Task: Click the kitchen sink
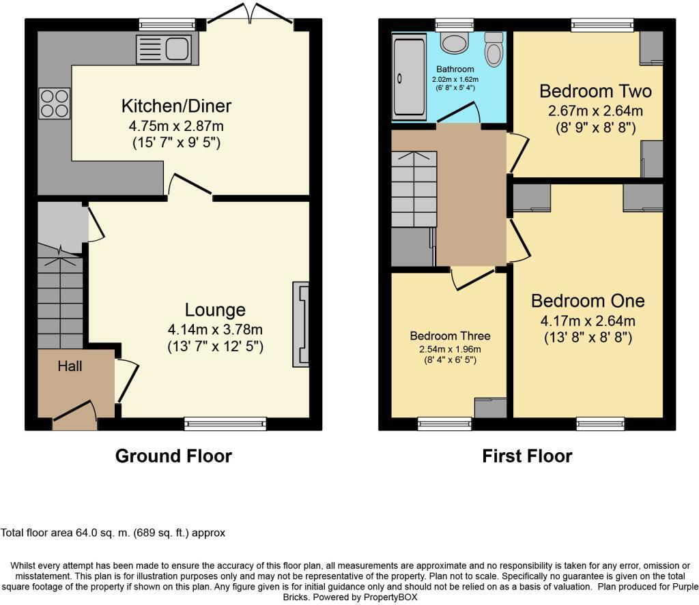(x=164, y=49)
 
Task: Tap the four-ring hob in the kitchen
(x=55, y=104)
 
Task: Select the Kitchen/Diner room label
(x=177, y=106)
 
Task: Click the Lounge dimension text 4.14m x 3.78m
(x=215, y=329)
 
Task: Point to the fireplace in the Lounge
(x=301, y=325)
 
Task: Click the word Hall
(x=70, y=366)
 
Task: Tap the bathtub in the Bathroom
(x=409, y=79)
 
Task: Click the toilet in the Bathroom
(x=494, y=49)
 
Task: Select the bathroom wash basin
(x=454, y=42)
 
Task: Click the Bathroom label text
(x=455, y=69)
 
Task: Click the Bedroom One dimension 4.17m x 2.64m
(x=588, y=321)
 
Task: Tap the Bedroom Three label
(x=450, y=336)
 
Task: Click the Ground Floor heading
(x=173, y=456)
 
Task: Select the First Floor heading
(x=527, y=456)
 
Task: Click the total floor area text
(x=113, y=533)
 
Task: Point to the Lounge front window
(x=225, y=424)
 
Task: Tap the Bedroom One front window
(x=601, y=424)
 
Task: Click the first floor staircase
(x=414, y=189)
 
